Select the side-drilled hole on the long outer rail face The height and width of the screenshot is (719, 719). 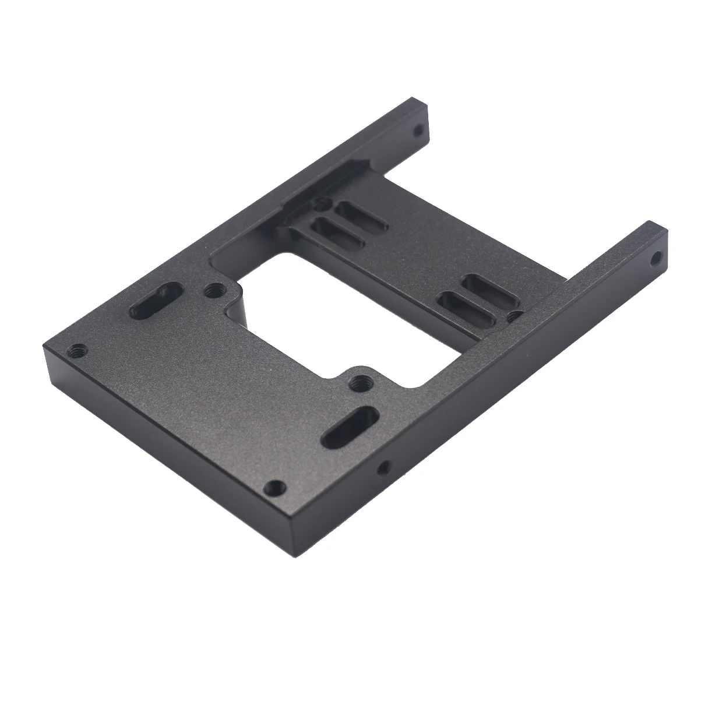pos(383,466)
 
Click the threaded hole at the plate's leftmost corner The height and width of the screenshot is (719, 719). pos(77,351)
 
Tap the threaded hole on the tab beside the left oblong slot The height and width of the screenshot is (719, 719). pos(214,288)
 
